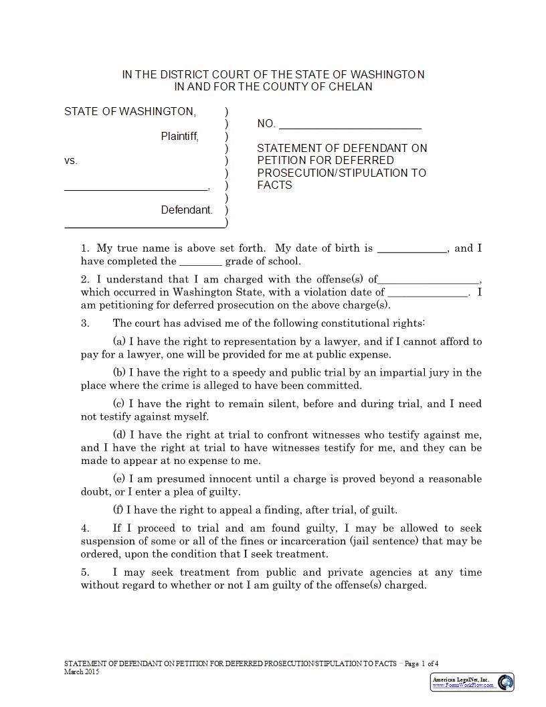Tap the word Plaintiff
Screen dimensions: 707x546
click(x=179, y=137)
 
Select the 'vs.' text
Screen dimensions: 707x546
click(x=71, y=161)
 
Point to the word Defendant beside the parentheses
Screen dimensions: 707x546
click(x=186, y=210)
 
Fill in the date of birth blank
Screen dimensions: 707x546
click(x=412, y=250)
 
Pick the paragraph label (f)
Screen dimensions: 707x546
click(x=118, y=510)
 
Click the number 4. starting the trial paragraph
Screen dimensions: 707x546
click(x=86, y=529)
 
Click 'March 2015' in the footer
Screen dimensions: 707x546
click(x=82, y=672)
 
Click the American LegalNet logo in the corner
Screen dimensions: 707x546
click(x=472, y=682)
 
